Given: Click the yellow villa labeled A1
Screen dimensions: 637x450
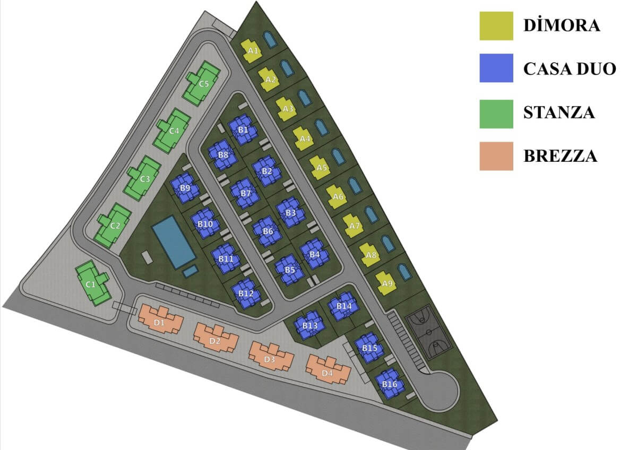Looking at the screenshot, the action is (x=252, y=50).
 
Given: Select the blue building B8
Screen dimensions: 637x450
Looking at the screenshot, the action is (x=223, y=154).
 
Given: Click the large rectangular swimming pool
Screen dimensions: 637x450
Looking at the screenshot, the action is (x=174, y=242).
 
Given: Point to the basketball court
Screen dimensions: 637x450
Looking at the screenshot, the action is (x=428, y=332).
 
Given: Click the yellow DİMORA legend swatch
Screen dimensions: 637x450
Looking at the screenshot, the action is (x=496, y=26).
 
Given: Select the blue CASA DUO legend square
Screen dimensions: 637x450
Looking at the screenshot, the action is (x=496, y=68).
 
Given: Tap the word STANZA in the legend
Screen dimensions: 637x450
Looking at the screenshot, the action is (x=559, y=112).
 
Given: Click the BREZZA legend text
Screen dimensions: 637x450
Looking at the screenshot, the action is (x=560, y=156).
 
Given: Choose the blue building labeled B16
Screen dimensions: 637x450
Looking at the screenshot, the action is (x=389, y=384).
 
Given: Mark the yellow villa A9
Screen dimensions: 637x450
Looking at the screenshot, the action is (x=386, y=283).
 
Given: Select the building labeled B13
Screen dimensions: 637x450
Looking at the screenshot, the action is (x=309, y=325).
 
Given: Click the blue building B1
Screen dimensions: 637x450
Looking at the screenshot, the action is (x=243, y=129).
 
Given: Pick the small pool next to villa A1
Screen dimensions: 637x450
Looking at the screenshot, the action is (x=270, y=39).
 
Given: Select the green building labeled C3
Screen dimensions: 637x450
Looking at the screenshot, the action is (x=143, y=178).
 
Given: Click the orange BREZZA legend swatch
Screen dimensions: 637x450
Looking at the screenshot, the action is (x=496, y=156).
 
